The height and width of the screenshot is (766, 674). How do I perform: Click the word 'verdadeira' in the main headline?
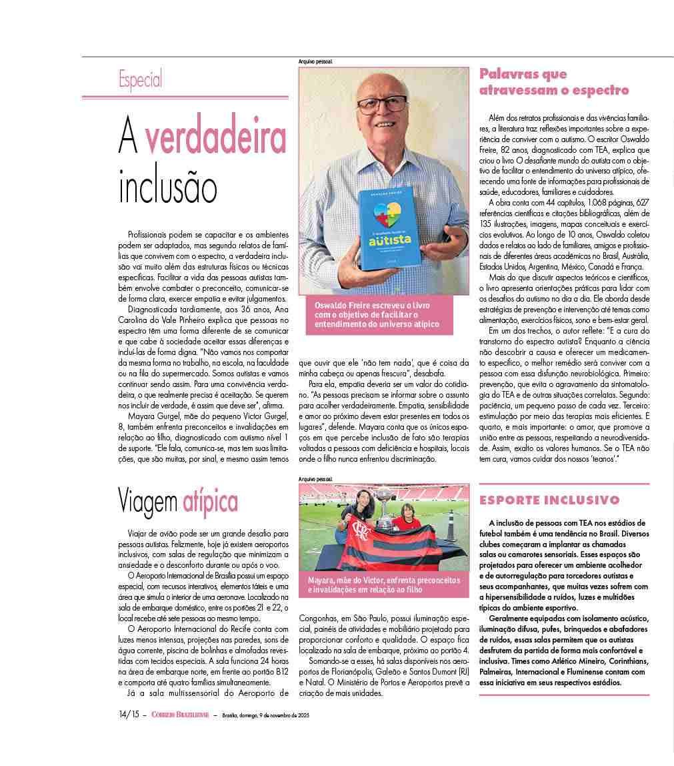click(216, 138)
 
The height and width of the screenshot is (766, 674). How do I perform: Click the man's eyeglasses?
click(383, 105)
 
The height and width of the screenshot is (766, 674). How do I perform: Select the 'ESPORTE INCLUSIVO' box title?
click(549, 500)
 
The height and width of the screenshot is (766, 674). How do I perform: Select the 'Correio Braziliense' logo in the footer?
click(179, 715)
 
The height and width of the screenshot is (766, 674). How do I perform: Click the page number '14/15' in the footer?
click(129, 715)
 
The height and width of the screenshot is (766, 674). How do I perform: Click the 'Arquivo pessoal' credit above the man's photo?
click(315, 62)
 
